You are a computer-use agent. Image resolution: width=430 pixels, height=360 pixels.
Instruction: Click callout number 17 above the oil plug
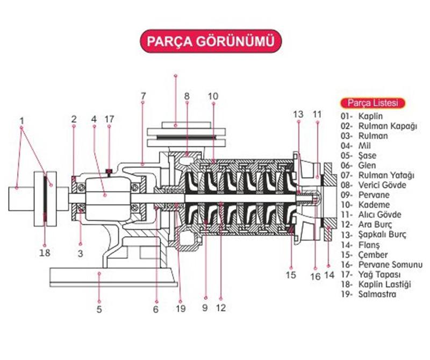point(110,118)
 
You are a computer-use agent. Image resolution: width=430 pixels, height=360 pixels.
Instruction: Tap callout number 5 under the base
point(99,309)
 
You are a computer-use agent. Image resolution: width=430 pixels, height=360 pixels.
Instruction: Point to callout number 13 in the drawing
point(298,114)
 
